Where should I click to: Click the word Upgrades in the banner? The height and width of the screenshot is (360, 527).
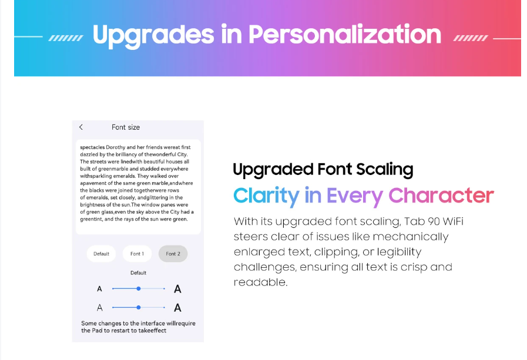[153, 35]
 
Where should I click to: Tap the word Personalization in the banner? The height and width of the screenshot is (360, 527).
[345, 34]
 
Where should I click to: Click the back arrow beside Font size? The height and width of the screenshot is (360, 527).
[81, 127]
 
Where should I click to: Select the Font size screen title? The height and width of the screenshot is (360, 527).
[126, 127]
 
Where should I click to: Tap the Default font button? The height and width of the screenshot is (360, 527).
[101, 254]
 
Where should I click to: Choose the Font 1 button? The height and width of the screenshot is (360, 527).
[137, 254]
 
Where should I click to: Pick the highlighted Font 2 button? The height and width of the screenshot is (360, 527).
[173, 254]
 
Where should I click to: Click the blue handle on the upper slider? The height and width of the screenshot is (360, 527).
[139, 288]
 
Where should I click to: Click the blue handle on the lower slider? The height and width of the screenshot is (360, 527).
[139, 307]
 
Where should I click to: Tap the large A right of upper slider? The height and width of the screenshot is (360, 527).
[177, 289]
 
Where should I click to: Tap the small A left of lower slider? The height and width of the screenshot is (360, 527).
[99, 308]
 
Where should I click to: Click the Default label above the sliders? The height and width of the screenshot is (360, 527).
[138, 272]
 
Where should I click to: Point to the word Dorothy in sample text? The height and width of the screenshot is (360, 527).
[116, 147]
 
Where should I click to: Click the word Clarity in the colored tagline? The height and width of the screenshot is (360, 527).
[266, 196]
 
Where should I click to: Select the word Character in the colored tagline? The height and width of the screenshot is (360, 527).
[441, 195]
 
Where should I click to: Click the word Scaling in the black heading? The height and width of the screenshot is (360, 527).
[384, 170]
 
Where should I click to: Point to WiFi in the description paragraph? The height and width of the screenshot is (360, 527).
[453, 221]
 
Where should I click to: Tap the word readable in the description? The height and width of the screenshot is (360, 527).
[260, 282]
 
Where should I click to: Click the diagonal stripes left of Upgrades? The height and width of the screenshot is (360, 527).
[66, 38]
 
